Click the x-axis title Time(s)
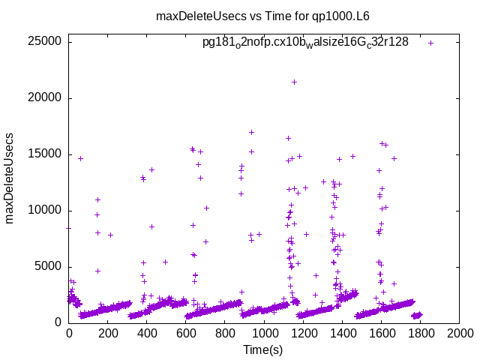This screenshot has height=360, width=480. coord(263,349)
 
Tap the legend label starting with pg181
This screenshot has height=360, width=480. coord(305,42)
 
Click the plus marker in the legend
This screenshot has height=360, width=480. coord(430,43)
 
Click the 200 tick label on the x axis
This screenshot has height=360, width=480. coord(108,334)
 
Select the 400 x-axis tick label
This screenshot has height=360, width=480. coord(147,334)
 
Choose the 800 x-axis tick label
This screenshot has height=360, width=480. coord(225,334)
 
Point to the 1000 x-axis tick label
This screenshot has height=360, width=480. coord(264,334)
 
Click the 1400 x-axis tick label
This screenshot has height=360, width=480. coord(342,334)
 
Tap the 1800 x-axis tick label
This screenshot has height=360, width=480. coord(420,334)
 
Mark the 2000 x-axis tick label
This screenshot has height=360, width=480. coord(459,334)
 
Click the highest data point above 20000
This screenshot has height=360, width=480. coord(294,82)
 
